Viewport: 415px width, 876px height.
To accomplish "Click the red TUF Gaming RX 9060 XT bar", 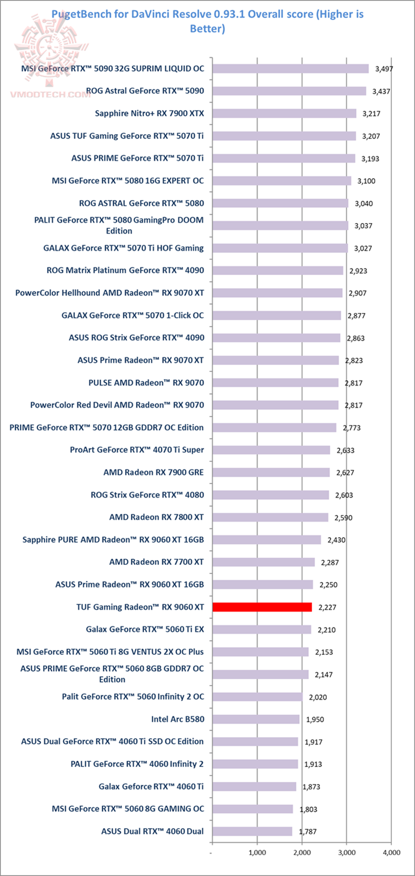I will (262, 607).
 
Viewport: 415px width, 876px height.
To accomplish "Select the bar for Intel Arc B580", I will (256, 719).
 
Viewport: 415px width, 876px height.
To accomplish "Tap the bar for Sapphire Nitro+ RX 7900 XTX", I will (284, 113).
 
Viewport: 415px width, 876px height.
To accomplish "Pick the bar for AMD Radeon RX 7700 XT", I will (263, 562).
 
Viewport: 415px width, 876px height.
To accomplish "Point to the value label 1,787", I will (307, 832).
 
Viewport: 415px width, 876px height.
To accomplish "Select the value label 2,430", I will (336, 540).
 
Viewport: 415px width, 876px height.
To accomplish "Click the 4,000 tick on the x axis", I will (391, 852).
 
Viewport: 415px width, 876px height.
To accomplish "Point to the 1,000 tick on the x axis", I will (257, 852).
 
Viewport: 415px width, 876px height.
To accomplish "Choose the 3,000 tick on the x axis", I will (346, 852).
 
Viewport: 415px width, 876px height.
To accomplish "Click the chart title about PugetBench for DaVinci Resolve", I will (207, 21).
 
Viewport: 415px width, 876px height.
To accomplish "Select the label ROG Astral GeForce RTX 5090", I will (145, 90).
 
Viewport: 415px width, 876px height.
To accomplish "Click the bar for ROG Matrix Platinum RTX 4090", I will (278, 270).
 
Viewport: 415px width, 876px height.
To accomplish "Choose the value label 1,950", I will (314, 719).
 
